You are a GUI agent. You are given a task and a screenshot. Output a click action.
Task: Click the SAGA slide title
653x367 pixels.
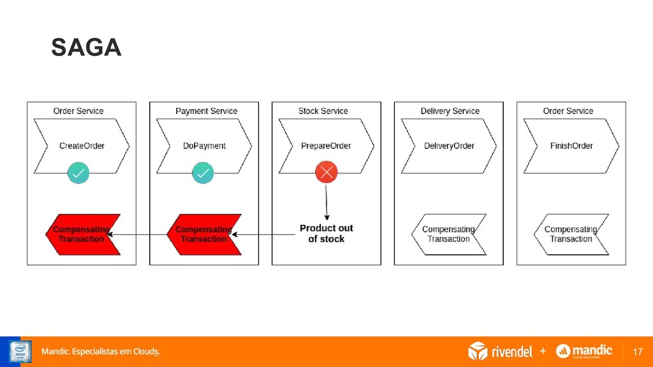click(86, 48)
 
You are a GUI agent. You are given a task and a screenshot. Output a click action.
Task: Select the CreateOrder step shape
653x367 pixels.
click(82, 146)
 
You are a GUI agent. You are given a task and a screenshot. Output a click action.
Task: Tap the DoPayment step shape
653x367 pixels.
click(204, 146)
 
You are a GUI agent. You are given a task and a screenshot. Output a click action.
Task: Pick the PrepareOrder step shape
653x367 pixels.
click(326, 146)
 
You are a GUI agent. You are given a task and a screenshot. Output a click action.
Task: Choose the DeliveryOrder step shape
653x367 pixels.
click(449, 146)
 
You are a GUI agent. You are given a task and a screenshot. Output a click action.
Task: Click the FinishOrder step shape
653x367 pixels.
click(571, 146)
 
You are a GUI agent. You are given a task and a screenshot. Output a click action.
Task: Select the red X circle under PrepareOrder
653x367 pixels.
click(326, 172)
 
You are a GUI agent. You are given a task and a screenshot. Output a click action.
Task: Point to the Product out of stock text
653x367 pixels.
click(326, 233)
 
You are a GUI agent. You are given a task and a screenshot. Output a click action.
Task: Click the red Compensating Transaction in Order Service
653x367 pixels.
click(82, 234)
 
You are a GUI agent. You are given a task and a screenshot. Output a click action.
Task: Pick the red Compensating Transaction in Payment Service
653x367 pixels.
click(204, 234)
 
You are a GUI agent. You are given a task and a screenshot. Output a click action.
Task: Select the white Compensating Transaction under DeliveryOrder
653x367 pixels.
click(449, 234)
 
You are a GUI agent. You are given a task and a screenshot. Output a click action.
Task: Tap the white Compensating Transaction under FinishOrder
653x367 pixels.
click(571, 234)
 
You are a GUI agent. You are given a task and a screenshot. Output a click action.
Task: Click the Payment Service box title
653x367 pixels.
click(206, 111)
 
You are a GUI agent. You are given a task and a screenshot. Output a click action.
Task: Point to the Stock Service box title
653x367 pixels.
click(323, 111)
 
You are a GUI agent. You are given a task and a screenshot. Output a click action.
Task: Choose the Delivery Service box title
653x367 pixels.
click(450, 111)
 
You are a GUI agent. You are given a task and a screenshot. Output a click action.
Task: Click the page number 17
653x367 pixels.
click(637, 352)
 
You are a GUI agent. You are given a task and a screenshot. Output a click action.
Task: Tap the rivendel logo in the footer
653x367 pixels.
click(501, 351)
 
